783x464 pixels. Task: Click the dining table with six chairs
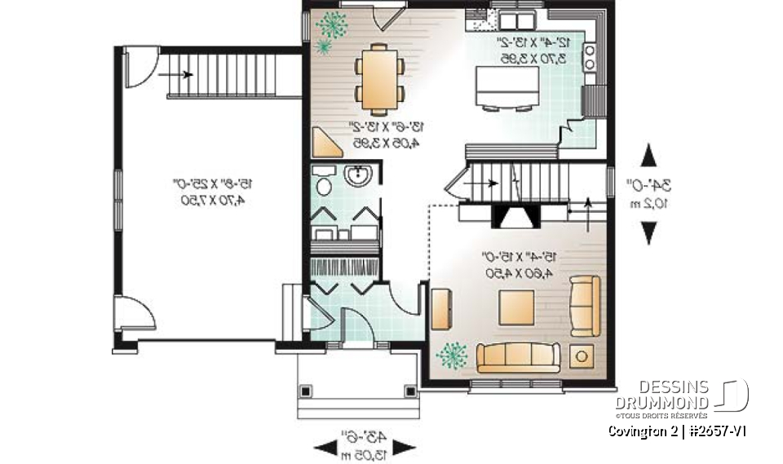tap(378, 80)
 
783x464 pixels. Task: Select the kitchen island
tap(507, 86)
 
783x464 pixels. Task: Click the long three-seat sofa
tap(519, 356)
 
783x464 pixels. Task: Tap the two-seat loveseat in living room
tap(584, 306)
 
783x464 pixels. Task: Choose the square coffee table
tap(517, 308)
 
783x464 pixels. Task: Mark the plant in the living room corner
tap(451, 356)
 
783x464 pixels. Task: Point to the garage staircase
tap(228, 74)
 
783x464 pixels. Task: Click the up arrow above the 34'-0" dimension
tap(648, 155)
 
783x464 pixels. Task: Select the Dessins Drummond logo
tap(685, 397)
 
